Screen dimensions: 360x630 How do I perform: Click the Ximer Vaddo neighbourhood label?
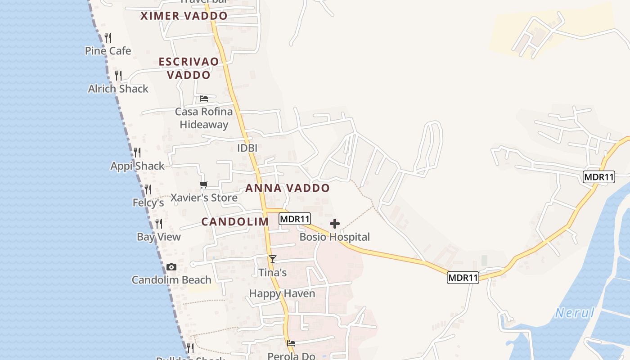184,16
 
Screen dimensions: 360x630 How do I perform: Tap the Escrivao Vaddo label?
189,68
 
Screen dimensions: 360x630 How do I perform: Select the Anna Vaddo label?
288,188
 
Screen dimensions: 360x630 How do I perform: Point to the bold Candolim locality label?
235,222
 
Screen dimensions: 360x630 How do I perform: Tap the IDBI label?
247,148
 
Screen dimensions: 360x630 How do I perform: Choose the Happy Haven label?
282,294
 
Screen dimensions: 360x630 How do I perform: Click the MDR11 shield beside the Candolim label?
295,219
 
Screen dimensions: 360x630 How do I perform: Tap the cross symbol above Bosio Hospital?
335,224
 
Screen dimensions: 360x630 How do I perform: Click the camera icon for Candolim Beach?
171,267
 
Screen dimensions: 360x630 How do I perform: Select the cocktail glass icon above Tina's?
272,259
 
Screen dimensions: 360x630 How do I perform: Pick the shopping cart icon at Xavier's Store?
204,185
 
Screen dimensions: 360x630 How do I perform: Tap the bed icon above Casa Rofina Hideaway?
204,99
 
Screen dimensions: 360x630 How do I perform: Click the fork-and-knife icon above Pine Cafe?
108,37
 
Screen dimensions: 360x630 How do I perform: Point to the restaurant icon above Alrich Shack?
118,75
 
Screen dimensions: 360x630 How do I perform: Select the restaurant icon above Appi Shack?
137,153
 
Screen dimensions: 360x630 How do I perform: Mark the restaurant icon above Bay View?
159,224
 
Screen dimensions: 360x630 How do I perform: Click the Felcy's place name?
148,203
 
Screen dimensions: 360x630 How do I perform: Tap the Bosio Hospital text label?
334,237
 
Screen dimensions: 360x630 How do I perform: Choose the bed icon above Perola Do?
291,343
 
